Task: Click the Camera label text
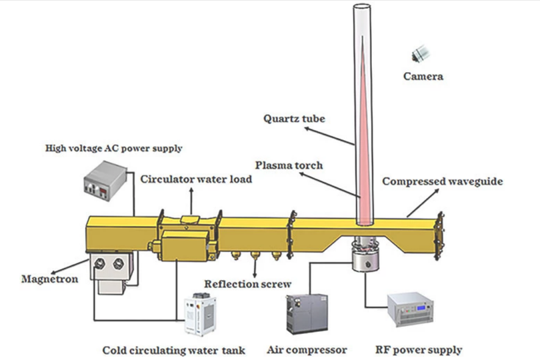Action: click(423, 77)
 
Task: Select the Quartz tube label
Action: click(293, 119)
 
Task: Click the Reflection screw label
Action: click(247, 285)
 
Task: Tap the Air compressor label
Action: click(306, 350)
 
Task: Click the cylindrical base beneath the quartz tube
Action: click(365, 257)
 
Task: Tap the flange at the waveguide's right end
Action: click(439, 234)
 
